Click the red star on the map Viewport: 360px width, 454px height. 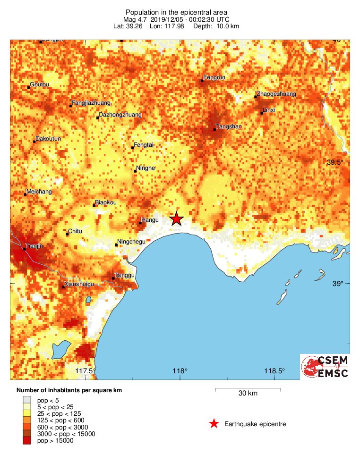point(176,219)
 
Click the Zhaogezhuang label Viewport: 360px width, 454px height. point(276,94)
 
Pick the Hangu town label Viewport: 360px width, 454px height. point(150,220)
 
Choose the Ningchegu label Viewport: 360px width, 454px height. point(131,242)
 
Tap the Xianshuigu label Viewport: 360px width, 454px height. point(79,284)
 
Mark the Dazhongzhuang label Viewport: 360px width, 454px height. point(120,115)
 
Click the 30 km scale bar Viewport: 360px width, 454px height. point(248,389)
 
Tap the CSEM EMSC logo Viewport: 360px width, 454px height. point(325,367)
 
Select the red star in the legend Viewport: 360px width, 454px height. point(214,424)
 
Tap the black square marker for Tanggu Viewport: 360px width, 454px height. point(113,278)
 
